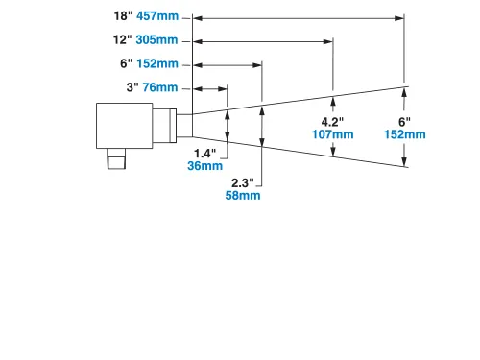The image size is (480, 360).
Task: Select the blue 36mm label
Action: pyautogui.click(x=204, y=165)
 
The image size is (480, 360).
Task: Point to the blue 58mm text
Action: pyautogui.click(x=243, y=196)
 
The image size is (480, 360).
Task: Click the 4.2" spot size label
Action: pyautogui.click(x=332, y=122)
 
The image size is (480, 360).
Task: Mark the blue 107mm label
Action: pyautogui.click(x=332, y=134)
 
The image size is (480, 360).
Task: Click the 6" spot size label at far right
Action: pyautogui.click(x=404, y=121)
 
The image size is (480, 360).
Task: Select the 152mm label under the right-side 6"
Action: pyautogui.click(x=405, y=134)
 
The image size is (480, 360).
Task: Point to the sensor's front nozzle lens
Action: pyautogui.click(x=184, y=126)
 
